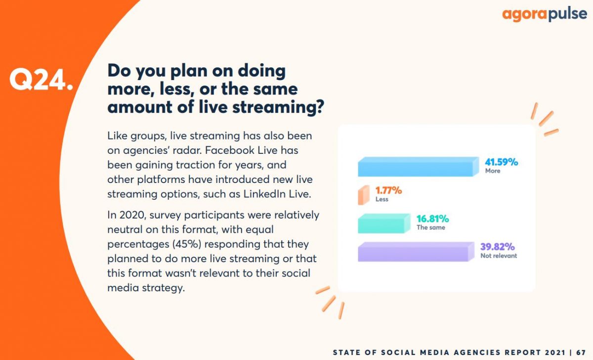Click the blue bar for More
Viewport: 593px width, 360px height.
tap(418, 167)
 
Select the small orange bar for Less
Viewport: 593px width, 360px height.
tap(364, 195)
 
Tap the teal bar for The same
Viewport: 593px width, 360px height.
tap(384, 224)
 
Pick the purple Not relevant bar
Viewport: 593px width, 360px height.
tap(416, 252)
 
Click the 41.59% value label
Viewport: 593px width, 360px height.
tap(502, 162)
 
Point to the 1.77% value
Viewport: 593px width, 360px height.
tap(388, 190)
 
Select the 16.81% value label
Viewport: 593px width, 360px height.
tap(432, 219)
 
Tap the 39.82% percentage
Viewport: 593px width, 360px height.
tap(498, 247)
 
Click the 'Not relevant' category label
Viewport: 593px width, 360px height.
tap(499, 256)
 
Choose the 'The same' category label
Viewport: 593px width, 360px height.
tap(431, 227)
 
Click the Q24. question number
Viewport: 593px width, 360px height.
tap(41, 80)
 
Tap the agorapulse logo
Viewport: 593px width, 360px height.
tap(545, 14)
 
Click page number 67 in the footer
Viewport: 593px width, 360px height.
tap(581, 353)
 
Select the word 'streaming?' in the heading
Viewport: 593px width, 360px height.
tap(278, 107)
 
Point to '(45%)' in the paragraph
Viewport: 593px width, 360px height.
tap(187, 244)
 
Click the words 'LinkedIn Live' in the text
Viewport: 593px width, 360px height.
tap(277, 194)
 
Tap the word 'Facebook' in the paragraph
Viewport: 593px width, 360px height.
tap(229, 150)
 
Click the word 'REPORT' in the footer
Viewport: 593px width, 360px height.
tap(522, 353)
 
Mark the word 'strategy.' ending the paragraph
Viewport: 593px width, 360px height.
tap(164, 288)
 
